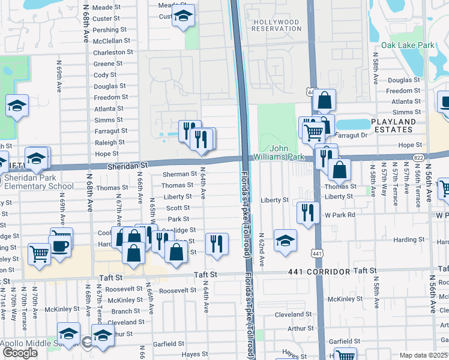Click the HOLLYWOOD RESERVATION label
[276, 25]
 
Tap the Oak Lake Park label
[408, 45]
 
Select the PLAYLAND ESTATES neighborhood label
[402, 125]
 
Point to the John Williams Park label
[279, 152]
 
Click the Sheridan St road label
[127, 164]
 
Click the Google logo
[20, 352]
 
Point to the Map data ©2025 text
[424, 355]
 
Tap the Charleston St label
[108, 52]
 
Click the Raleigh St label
[110, 143]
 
